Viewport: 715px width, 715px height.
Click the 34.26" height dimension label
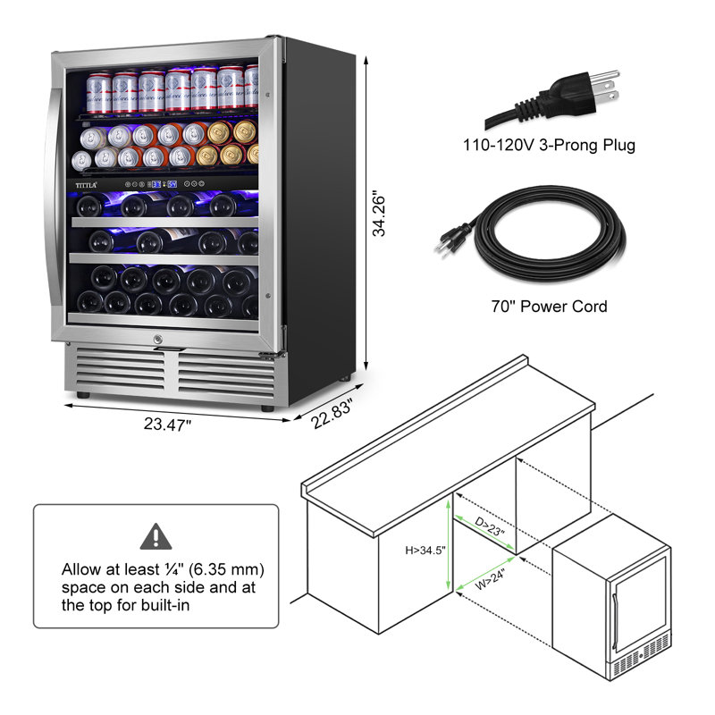(378, 214)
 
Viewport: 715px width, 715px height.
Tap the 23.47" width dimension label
(167, 425)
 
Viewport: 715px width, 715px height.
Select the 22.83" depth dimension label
(332, 413)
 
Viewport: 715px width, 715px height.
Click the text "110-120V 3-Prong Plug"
(549, 145)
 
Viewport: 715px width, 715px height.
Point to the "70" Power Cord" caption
(549, 306)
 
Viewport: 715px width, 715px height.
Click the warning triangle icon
(156, 536)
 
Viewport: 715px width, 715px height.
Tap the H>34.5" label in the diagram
(425, 551)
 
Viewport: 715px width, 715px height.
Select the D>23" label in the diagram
(490, 527)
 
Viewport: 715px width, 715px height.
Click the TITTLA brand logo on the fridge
(86, 185)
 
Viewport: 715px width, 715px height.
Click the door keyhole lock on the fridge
(158, 340)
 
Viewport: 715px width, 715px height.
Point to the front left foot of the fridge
(83, 395)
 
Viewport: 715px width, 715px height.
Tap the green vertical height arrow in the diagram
(449, 545)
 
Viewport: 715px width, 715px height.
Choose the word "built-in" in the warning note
(165, 606)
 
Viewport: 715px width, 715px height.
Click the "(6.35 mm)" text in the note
(226, 569)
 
